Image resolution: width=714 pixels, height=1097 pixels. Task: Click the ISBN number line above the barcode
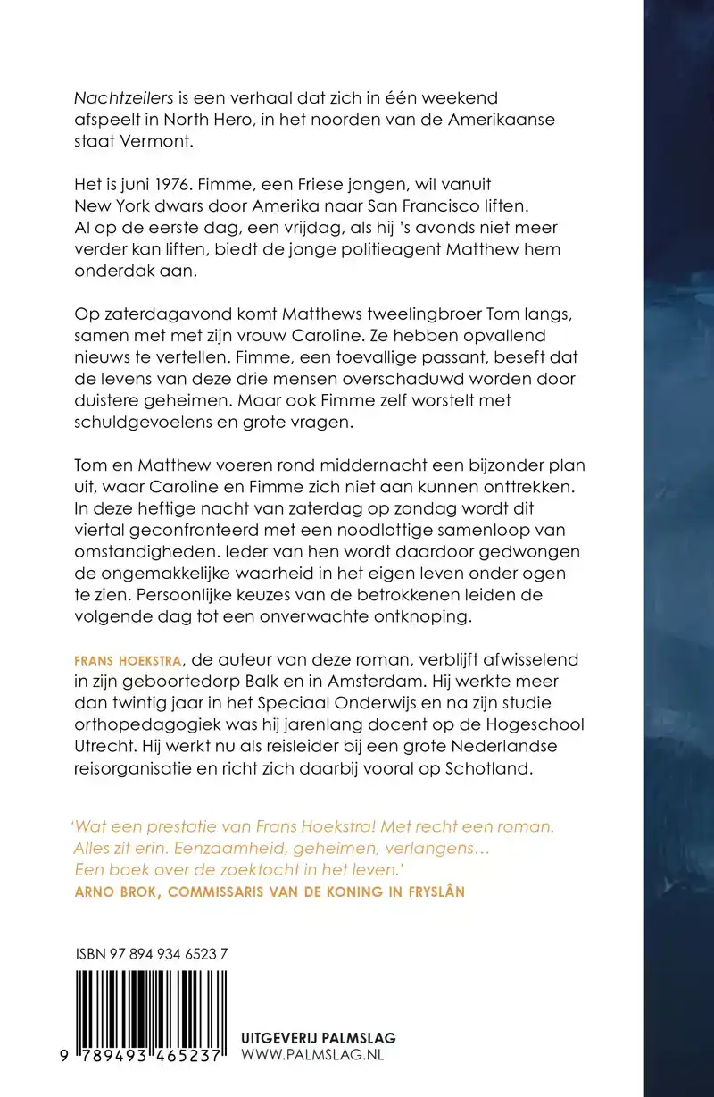point(152,954)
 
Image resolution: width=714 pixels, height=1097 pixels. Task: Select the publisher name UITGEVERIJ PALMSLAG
point(319,1038)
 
